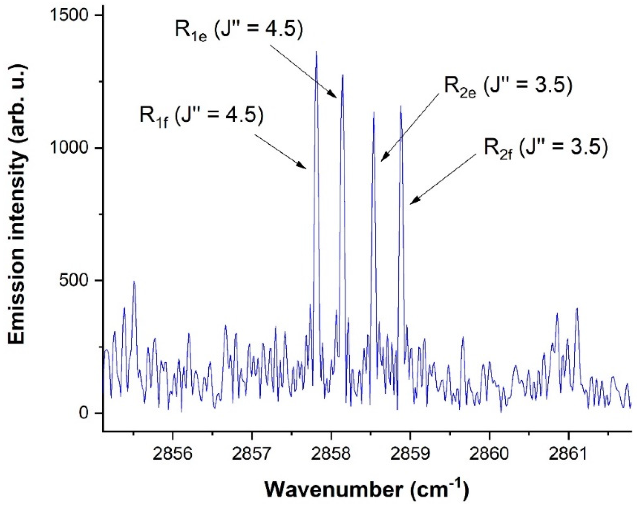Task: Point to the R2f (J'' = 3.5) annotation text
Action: click(546, 148)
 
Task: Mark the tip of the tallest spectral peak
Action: click(316, 52)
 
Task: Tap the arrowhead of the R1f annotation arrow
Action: click(306, 169)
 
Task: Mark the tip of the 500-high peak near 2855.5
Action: click(134, 281)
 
